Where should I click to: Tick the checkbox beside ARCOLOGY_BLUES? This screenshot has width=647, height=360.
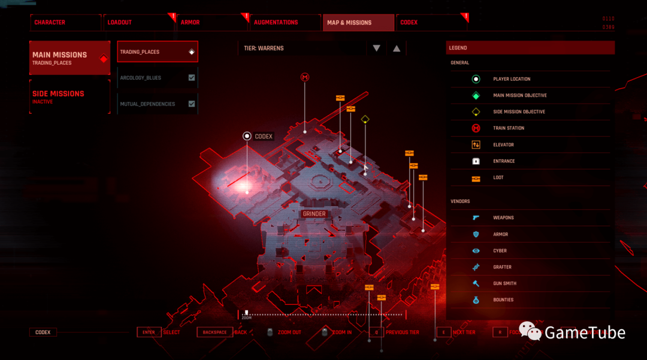click(192, 78)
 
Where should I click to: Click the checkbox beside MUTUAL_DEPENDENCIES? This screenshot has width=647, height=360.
click(192, 104)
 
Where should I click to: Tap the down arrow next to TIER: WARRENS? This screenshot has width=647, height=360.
click(376, 49)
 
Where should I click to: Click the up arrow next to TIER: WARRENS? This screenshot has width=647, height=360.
click(396, 49)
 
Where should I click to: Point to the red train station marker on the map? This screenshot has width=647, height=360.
click(305, 78)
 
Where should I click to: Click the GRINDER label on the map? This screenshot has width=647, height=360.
click(314, 214)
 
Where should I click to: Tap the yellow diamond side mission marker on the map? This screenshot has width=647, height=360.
click(365, 120)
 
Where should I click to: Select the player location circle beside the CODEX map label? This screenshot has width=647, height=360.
click(247, 137)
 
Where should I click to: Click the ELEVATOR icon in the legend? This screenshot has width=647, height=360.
click(476, 145)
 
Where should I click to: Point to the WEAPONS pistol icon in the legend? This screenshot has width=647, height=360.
click(476, 218)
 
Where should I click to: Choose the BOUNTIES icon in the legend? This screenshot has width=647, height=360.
click(476, 300)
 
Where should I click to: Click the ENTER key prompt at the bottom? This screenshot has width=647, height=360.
click(149, 332)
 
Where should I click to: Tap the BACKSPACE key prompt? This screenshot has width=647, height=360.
click(214, 332)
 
